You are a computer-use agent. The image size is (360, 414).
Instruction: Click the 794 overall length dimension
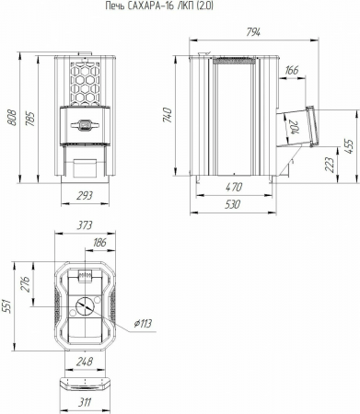click(253, 32)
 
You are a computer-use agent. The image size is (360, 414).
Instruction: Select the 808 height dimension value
click(13, 119)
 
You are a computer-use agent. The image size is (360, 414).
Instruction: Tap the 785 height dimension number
click(30, 119)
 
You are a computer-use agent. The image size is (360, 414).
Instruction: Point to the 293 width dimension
click(85, 195)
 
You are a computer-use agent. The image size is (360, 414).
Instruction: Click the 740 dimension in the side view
click(168, 115)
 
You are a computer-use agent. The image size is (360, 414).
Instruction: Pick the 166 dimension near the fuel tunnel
click(291, 70)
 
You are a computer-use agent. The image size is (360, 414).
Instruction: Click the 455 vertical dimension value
click(349, 146)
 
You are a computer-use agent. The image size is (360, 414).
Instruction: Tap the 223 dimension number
click(329, 166)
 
